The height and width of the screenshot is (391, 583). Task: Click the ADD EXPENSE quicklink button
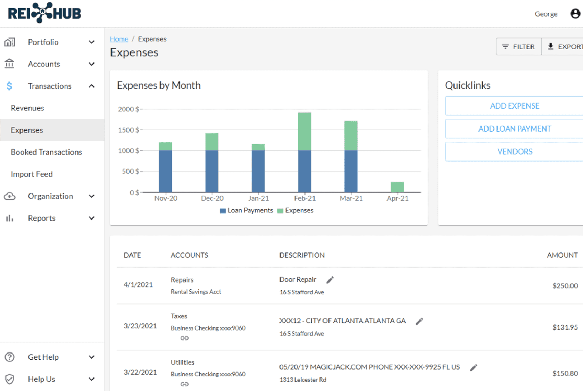point(514,106)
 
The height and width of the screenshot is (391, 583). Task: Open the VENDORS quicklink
point(514,151)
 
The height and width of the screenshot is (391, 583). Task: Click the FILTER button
point(518,47)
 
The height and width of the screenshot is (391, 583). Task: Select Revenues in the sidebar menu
point(27,108)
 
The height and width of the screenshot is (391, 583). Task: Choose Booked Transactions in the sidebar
point(46,152)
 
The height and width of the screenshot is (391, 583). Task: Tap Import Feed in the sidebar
point(32,174)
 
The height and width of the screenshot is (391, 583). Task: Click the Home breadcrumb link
point(119,39)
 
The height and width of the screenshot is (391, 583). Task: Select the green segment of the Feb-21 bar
point(304,131)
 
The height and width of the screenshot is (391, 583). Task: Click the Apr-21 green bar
point(397,187)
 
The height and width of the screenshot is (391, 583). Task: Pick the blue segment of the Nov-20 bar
point(165,171)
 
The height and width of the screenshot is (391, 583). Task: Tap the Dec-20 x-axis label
point(212,198)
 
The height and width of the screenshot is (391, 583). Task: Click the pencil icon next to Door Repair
point(330,280)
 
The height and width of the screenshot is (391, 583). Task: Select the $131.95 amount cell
point(565,327)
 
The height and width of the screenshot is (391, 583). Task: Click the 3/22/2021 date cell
point(140,372)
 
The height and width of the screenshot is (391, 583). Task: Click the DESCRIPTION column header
point(302,255)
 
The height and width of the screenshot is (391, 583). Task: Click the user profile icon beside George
point(575,14)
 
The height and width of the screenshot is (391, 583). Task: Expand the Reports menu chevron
point(91,218)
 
